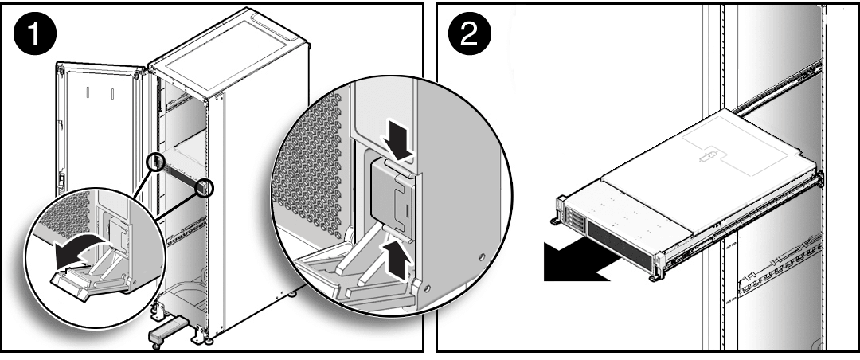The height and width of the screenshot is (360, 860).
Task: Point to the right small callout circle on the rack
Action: point(206,188)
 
